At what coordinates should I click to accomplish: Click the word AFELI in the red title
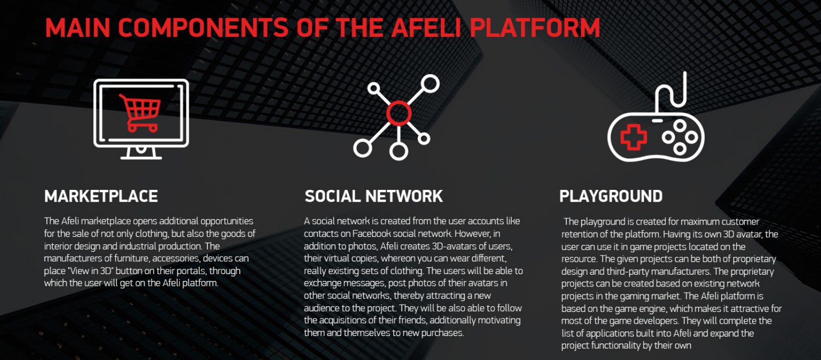[x=425, y=28]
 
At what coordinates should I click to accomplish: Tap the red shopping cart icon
[x=140, y=113]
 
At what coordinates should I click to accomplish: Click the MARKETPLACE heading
[x=101, y=196]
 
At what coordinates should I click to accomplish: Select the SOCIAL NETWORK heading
[x=374, y=196]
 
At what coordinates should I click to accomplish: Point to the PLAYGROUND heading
[x=611, y=196]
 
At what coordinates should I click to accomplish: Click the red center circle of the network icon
[x=399, y=113]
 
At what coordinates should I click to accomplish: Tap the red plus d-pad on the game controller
[x=633, y=137]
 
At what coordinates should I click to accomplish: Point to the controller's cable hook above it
[x=671, y=92]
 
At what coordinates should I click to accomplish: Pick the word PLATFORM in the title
[x=535, y=28]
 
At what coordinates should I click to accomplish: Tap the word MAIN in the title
[x=77, y=28]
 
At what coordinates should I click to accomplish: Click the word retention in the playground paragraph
[x=579, y=234]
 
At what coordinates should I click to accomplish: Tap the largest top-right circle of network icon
[x=430, y=84]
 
